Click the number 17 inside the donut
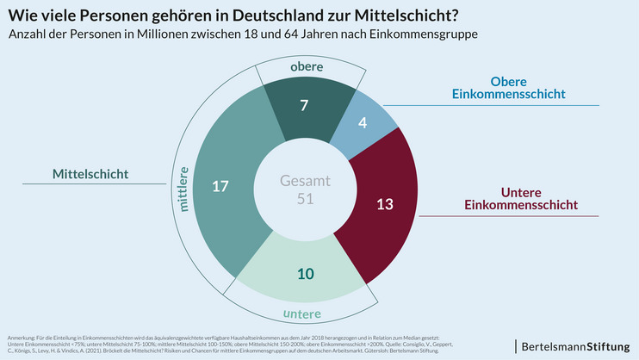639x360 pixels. click(x=221, y=185)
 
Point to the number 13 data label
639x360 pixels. click(x=386, y=204)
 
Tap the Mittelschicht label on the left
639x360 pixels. click(x=90, y=174)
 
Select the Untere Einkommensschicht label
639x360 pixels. click(x=520, y=197)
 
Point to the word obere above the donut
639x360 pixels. click(x=307, y=67)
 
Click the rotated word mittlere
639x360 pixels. click(x=183, y=189)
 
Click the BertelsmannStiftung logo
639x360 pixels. click(x=572, y=345)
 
